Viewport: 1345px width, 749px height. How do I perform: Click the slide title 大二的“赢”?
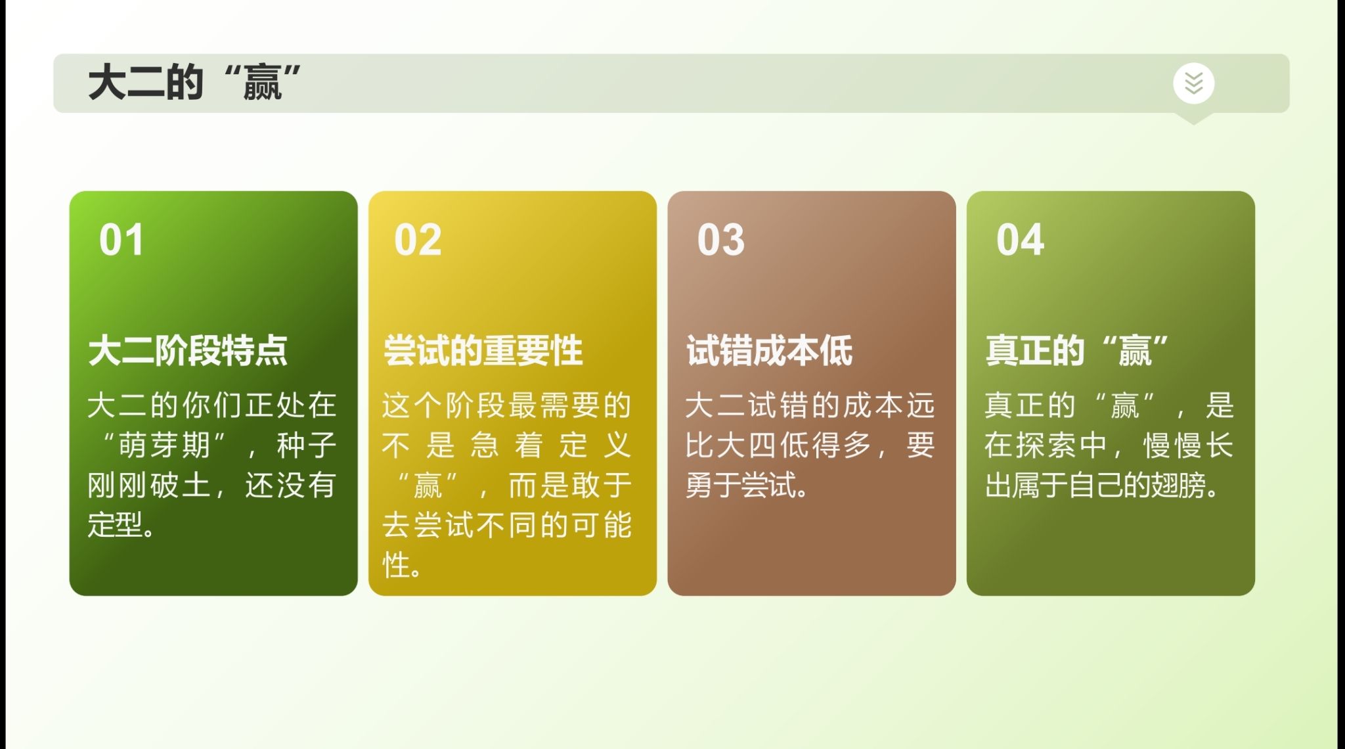pyautogui.click(x=194, y=82)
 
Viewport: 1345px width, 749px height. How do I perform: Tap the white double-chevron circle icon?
pyautogui.click(x=1193, y=83)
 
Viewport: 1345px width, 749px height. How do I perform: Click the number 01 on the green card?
pyautogui.click(x=121, y=240)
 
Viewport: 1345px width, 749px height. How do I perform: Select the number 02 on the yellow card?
pyautogui.click(x=418, y=240)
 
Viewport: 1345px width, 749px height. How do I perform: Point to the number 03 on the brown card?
pyautogui.click(x=721, y=240)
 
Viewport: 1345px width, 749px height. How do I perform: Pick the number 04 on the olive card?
pyautogui.click(x=1020, y=240)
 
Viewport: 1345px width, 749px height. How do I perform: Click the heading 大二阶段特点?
pyautogui.click(x=188, y=350)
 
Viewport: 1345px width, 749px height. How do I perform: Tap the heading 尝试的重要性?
pyautogui.click(x=483, y=350)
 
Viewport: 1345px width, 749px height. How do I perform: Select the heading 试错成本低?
pyautogui.click(x=770, y=350)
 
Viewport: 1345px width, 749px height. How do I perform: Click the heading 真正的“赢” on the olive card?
pyautogui.click(x=1077, y=350)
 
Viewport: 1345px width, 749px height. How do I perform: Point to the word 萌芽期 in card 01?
pyautogui.click(x=164, y=445)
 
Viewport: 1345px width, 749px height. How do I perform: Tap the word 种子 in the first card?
pyautogui.click(x=307, y=445)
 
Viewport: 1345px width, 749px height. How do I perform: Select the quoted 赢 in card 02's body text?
pyautogui.click(x=428, y=486)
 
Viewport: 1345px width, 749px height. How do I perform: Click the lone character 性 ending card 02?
pyautogui.click(x=397, y=565)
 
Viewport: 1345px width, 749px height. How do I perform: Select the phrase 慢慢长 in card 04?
pyautogui.click(x=1189, y=445)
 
